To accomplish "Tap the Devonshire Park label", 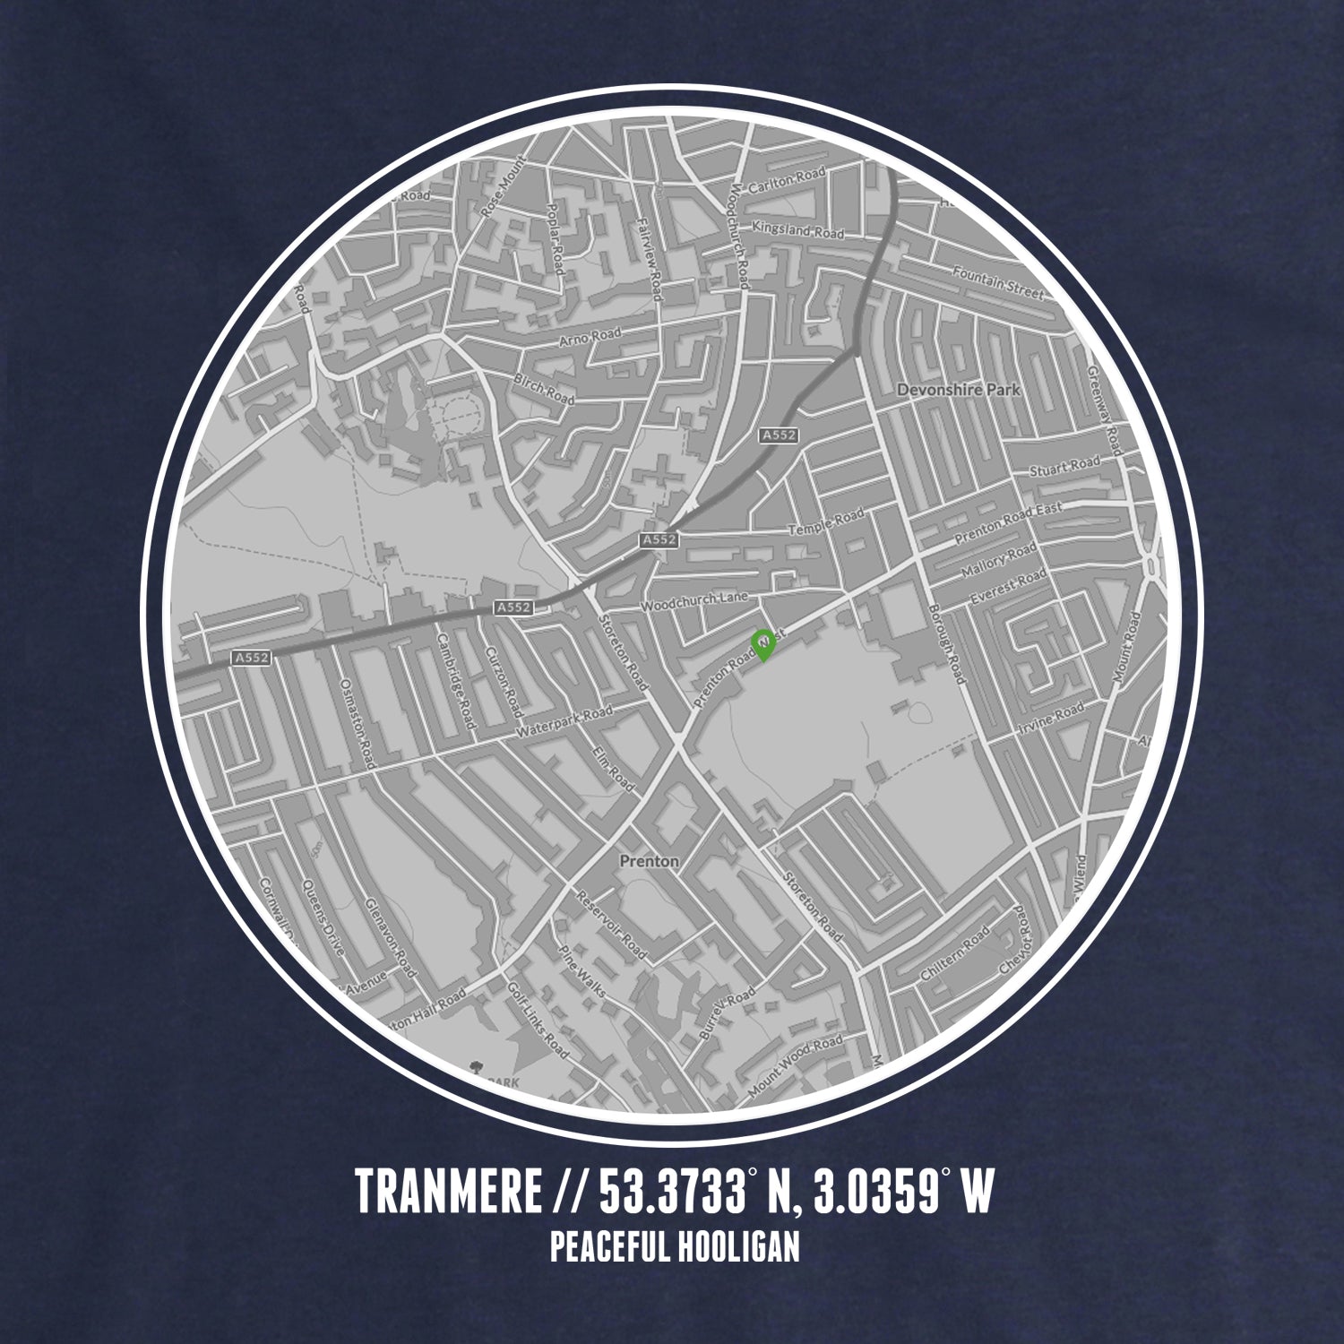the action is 958,391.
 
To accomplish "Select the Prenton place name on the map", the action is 649,861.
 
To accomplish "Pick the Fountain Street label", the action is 998,282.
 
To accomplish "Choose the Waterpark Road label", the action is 564,723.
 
